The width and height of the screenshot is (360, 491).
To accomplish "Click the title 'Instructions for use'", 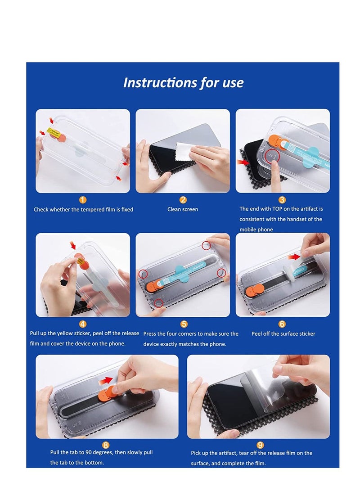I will (x=183, y=83).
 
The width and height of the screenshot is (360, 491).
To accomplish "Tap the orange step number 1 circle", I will (x=83, y=200).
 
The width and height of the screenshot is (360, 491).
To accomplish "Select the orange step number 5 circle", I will (x=184, y=324).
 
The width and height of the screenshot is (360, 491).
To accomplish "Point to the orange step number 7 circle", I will (x=106, y=445).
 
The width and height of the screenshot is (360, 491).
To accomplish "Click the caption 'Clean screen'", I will (x=183, y=209).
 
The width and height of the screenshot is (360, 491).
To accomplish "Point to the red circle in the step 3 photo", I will (x=272, y=157).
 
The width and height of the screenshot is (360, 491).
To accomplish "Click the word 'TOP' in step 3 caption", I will (x=282, y=209).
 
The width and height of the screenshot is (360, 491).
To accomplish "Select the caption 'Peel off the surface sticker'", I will (x=283, y=334).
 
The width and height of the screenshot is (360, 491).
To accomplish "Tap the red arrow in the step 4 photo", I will (x=73, y=245).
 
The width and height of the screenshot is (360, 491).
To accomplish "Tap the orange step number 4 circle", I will (x=83, y=324).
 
